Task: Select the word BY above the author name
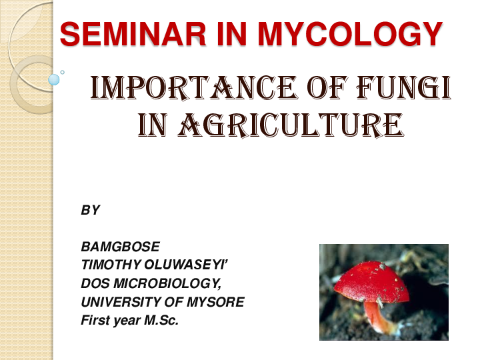(x=90, y=210)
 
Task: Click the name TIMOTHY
(x=111, y=265)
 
